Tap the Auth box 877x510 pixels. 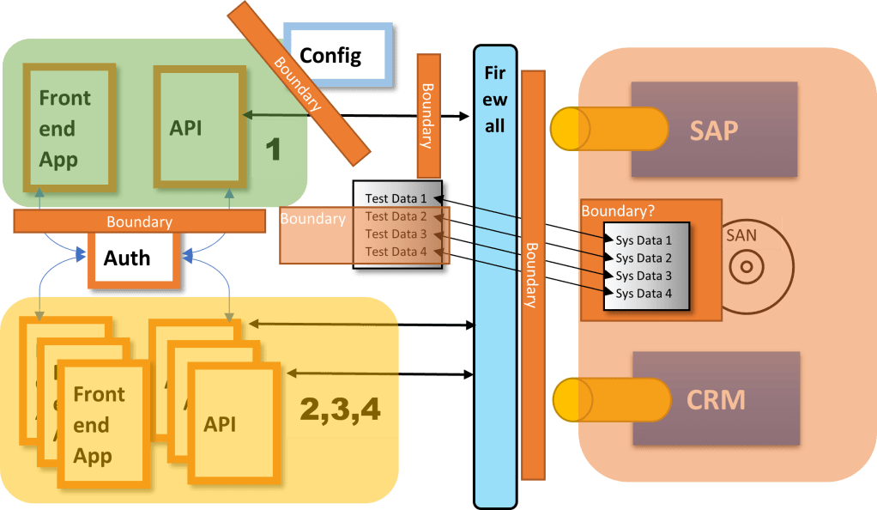coord(127,258)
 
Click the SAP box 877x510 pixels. coord(714,129)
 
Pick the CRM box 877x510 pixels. coord(716,398)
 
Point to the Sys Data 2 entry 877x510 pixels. coord(644,258)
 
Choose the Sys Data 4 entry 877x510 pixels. coord(644,294)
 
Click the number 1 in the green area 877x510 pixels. coord(273,149)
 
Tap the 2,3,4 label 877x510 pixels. coord(341,410)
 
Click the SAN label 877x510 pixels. coord(741,233)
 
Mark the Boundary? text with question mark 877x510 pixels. coord(615,210)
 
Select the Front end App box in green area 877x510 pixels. coord(65,129)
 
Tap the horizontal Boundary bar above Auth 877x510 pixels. coord(139,222)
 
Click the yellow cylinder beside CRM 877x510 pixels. coord(609,400)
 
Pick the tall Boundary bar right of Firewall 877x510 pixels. coord(533,275)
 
